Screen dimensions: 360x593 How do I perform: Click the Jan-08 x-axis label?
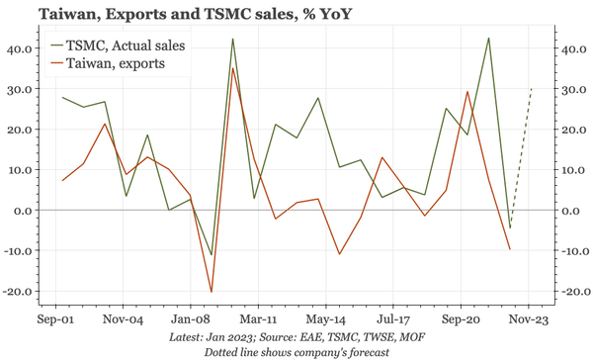(187, 321)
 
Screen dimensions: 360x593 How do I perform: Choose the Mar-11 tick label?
(256, 321)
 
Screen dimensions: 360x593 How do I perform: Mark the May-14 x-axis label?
(325, 321)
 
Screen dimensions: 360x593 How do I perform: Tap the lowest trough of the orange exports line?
(212, 292)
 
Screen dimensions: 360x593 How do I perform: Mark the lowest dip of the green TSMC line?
(212, 255)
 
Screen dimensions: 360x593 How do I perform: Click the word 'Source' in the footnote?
(284, 337)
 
